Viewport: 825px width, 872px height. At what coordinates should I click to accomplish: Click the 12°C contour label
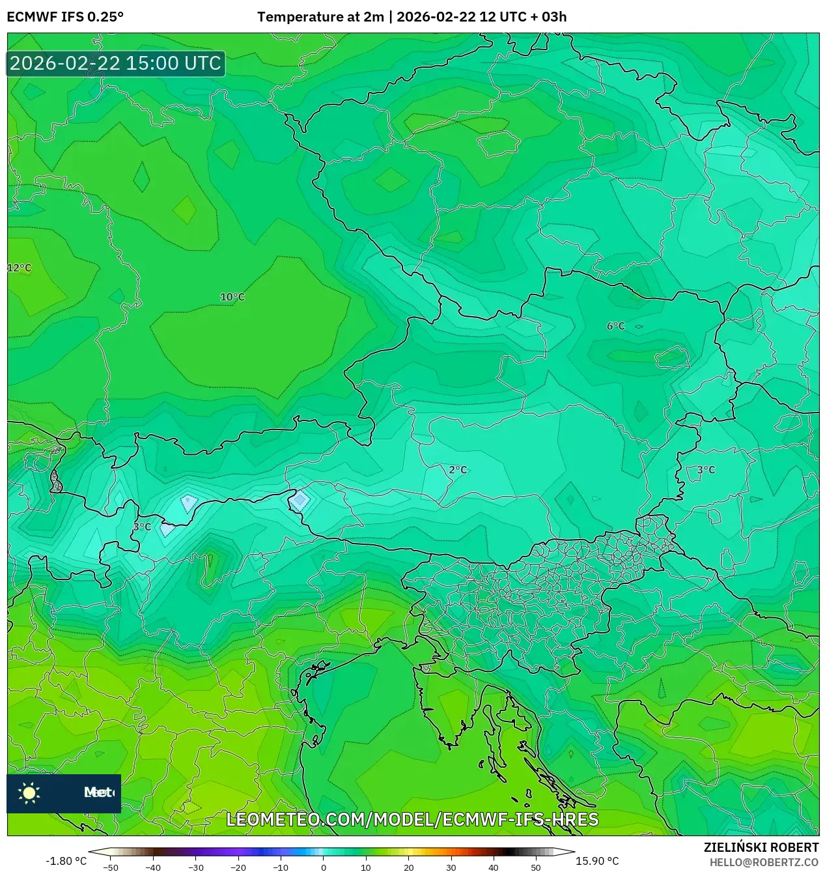pyautogui.click(x=20, y=268)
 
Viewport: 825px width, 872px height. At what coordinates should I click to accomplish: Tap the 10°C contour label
pyautogui.click(x=232, y=297)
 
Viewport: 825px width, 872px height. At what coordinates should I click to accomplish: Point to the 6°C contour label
pyautogui.click(x=615, y=326)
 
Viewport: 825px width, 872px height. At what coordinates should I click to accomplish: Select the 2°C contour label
pyautogui.click(x=458, y=469)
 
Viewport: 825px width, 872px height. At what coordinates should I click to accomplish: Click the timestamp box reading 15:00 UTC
pyautogui.click(x=116, y=63)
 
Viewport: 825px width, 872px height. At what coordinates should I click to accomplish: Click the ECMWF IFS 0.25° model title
pyautogui.click(x=65, y=17)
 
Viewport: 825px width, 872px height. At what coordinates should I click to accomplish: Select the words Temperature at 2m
pyautogui.click(x=320, y=17)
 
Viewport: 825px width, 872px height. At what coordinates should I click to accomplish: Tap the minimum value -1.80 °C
pyautogui.click(x=66, y=861)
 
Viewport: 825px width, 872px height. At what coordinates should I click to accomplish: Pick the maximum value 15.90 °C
pyautogui.click(x=597, y=861)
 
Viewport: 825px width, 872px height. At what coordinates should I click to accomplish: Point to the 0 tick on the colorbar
pyautogui.click(x=324, y=867)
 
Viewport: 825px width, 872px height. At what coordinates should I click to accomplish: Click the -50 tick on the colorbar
pyautogui.click(x=111, y=867)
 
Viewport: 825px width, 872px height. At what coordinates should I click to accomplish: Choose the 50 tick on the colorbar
pyautogui.click(x=536, y=867)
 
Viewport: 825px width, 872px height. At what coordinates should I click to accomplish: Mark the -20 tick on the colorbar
pyautogui.click(x=238, y=867)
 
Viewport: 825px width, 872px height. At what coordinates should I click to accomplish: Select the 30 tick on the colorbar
pyautogui.click(x=451, y=867)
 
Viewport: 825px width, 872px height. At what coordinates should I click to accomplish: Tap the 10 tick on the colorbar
pyautogui.click(x=366, y=867)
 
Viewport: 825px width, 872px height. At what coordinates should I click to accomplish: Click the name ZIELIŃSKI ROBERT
pyautogui.click(x=761, y=847)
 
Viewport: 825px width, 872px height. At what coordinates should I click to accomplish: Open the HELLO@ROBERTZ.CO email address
pyautogui.click(x=764, y=862)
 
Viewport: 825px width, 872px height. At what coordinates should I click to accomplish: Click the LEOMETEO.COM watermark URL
pyautogui.click(x=412, y=819)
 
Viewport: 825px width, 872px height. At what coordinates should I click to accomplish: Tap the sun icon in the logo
pyautogui.click(x=29, y=792)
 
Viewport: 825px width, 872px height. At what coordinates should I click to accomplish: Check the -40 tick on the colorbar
pyautogui.click(x=153, y=867)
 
